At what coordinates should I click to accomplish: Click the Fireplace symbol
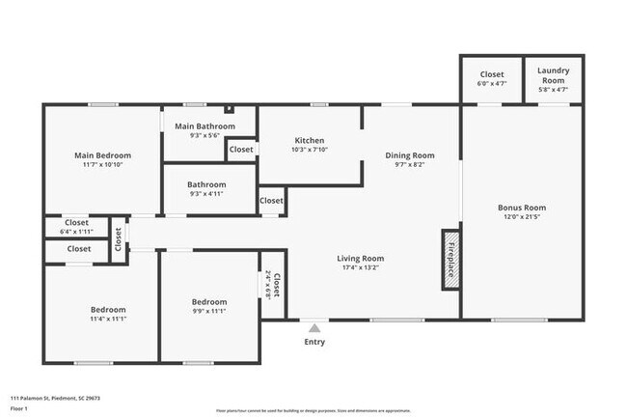450,259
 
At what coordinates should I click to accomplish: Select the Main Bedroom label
103,155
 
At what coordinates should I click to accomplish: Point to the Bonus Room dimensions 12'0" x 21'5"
522,217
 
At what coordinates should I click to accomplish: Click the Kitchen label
310,141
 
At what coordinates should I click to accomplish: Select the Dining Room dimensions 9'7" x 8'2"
410,165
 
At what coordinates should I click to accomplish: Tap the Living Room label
361,258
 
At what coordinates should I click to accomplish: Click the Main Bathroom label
204,126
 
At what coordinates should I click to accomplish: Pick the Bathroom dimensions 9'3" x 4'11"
206,194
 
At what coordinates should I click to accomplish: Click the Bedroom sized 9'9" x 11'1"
209,307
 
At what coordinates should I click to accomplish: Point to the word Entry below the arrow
314,342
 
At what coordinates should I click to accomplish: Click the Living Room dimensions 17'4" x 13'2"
361,267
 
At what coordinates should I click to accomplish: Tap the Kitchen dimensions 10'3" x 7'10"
310,150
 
